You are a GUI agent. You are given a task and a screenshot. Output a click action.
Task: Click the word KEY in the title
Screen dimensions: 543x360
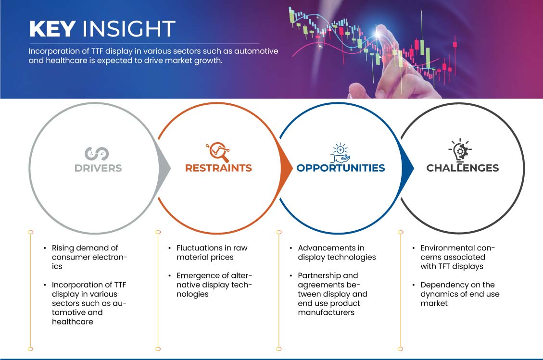pyautogui.click(x=52, y=28)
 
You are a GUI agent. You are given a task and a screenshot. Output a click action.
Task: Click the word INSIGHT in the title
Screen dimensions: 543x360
pyautogui.click(x=129, y=28)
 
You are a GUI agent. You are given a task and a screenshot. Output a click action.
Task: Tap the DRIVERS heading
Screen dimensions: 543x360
pyautogui.click(x=98, y=168)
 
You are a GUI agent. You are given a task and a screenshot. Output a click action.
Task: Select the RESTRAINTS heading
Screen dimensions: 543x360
pyautogui.click(x=218, y=168)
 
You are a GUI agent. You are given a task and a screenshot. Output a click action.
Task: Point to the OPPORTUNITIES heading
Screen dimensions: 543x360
pyautogui.click(x=341, y=168)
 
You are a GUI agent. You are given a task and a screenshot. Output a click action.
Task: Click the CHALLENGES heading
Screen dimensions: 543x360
pyautogui.click(x=463, y=168)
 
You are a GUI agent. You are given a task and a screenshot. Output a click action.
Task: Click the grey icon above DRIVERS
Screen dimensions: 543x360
pyautogui.click(x=97, y=154)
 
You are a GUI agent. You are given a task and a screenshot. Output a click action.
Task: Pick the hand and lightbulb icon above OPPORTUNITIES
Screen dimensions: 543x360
pyautogui.click(x=341, y=153)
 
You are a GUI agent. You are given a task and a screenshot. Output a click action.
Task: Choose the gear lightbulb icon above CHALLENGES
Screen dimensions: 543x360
pyautogui.click(x=460, y=150)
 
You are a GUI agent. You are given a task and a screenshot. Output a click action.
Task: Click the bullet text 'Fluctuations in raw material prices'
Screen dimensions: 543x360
pyautogui.click(x=212, y=253)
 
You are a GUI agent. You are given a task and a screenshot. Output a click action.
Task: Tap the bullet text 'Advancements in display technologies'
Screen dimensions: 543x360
pyautogui.click(x=337, y=253)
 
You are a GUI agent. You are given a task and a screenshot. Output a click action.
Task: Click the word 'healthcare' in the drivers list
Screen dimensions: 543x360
pyautogui.click(x=72, y=322)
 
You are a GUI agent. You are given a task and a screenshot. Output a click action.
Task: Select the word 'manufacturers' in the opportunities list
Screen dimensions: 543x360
pyautogui.click(x=326, y=312)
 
